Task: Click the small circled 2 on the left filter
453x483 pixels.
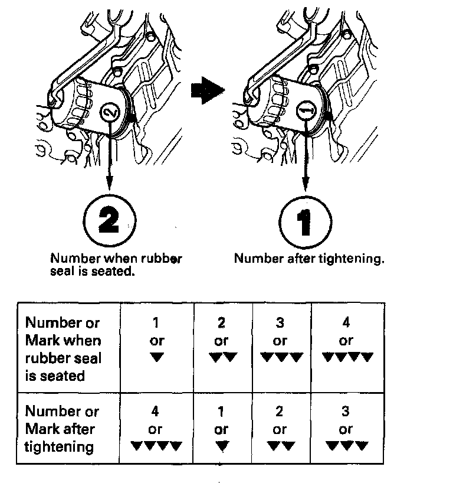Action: pyautogui.click(x=109, y=110)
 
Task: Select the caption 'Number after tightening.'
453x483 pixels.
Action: pyautogui.click(x=308, y=259)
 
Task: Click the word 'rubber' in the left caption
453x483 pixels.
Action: pyautogui.click(x=160, y=259)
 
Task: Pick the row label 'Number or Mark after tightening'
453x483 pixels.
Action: pyautogui.click(x=62, y=429)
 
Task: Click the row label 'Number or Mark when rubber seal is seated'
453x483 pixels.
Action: pyautogui.click(x=63, y=349)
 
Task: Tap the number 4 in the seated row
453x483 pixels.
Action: pyautogui.click(x=346, y=324)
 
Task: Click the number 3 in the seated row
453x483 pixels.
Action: pyautogui.click(x=280, y=324)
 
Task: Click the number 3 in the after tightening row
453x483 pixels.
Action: pyautogui.click(x=346, y=411)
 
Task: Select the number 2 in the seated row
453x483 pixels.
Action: pyautogui.click(x=221, y=324)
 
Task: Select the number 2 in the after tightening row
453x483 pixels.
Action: pyautogui.click(x=280, y=411)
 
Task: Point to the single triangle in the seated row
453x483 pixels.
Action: pyautogui.click(x=156, y=357)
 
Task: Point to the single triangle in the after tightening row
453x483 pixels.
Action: pyautogui.click(x=221, y=446)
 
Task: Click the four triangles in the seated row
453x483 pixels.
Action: pyautogui.click(x=347, y=357)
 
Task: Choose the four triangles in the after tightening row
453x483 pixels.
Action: pyautogui.click(x=156, y=446)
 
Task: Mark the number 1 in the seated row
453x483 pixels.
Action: pyautogui.click(x=156, y=324)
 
